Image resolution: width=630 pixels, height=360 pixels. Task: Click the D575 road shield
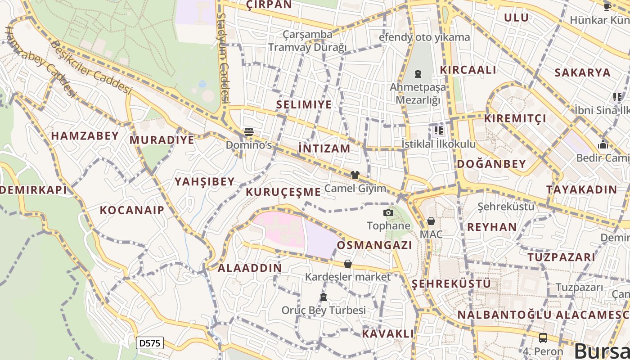[x=149, y=343]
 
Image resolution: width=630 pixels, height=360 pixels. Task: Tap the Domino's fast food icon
[x=249, y=131]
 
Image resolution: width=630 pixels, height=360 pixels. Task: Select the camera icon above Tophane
[x=388, y=212]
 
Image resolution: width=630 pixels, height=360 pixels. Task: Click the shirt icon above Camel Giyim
[x=355, y=175]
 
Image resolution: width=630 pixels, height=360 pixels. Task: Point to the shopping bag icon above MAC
[x=431, y=221]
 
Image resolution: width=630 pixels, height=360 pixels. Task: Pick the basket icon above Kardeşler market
[x=347, y=264]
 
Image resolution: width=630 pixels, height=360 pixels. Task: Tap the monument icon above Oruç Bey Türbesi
[x=323, y=297]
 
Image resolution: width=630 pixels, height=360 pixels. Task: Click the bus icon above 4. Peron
[x=543, y=337]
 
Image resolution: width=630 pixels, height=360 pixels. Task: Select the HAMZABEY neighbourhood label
[x=85, y=136]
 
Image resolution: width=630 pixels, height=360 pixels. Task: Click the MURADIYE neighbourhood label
[x=162, y=140]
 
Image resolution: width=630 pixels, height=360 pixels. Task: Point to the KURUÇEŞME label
[x=283, y=192]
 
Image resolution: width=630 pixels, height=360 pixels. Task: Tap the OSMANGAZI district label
[x=374, y=245]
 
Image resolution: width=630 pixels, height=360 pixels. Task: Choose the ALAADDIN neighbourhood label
[x=250, y=268]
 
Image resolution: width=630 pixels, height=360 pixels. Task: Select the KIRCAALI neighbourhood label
[x=468, y=70]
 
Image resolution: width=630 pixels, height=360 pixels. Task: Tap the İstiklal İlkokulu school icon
[x=438, y=131]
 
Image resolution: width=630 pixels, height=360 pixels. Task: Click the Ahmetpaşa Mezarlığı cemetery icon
[x=418, y=73]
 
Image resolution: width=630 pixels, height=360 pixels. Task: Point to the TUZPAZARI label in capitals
[x=561, y=257]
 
